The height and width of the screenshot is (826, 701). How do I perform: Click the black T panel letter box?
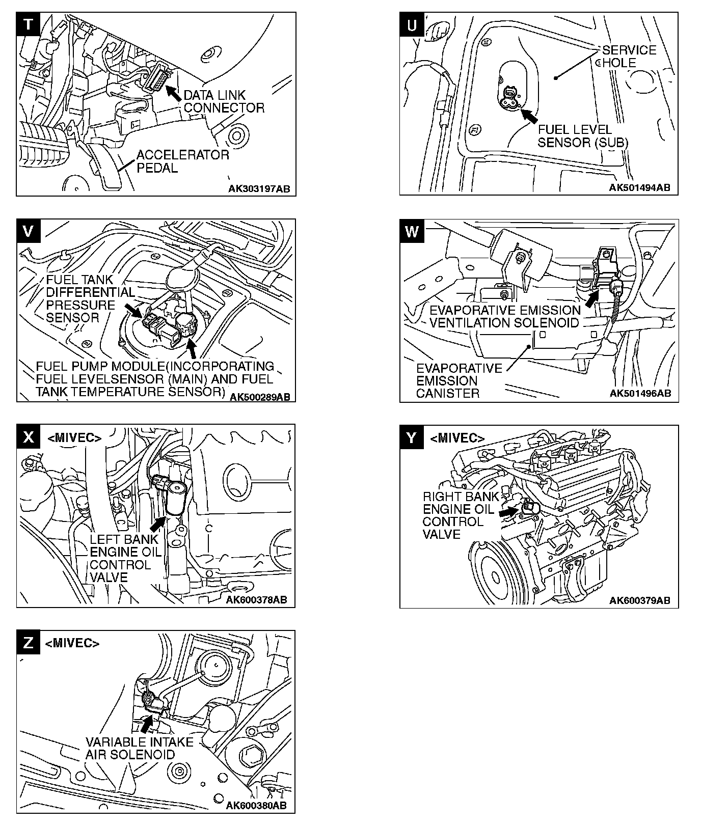(x=28, y=25)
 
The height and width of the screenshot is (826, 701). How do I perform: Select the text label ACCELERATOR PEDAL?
(x=182, y=161)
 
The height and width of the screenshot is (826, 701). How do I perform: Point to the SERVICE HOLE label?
(x=629, y=57)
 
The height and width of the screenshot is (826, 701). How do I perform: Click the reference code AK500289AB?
(x=259, y=397)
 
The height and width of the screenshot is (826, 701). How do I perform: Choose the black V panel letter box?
(x=29, y=231)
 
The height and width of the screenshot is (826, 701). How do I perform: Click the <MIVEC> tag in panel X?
(x=74, y=437)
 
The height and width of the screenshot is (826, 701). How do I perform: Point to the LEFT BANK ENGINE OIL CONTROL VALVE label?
(x=124, y=558)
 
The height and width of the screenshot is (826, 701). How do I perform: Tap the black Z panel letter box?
(x=29, y=642)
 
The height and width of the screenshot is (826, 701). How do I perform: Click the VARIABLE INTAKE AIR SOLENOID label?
(x=140, y=749)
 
